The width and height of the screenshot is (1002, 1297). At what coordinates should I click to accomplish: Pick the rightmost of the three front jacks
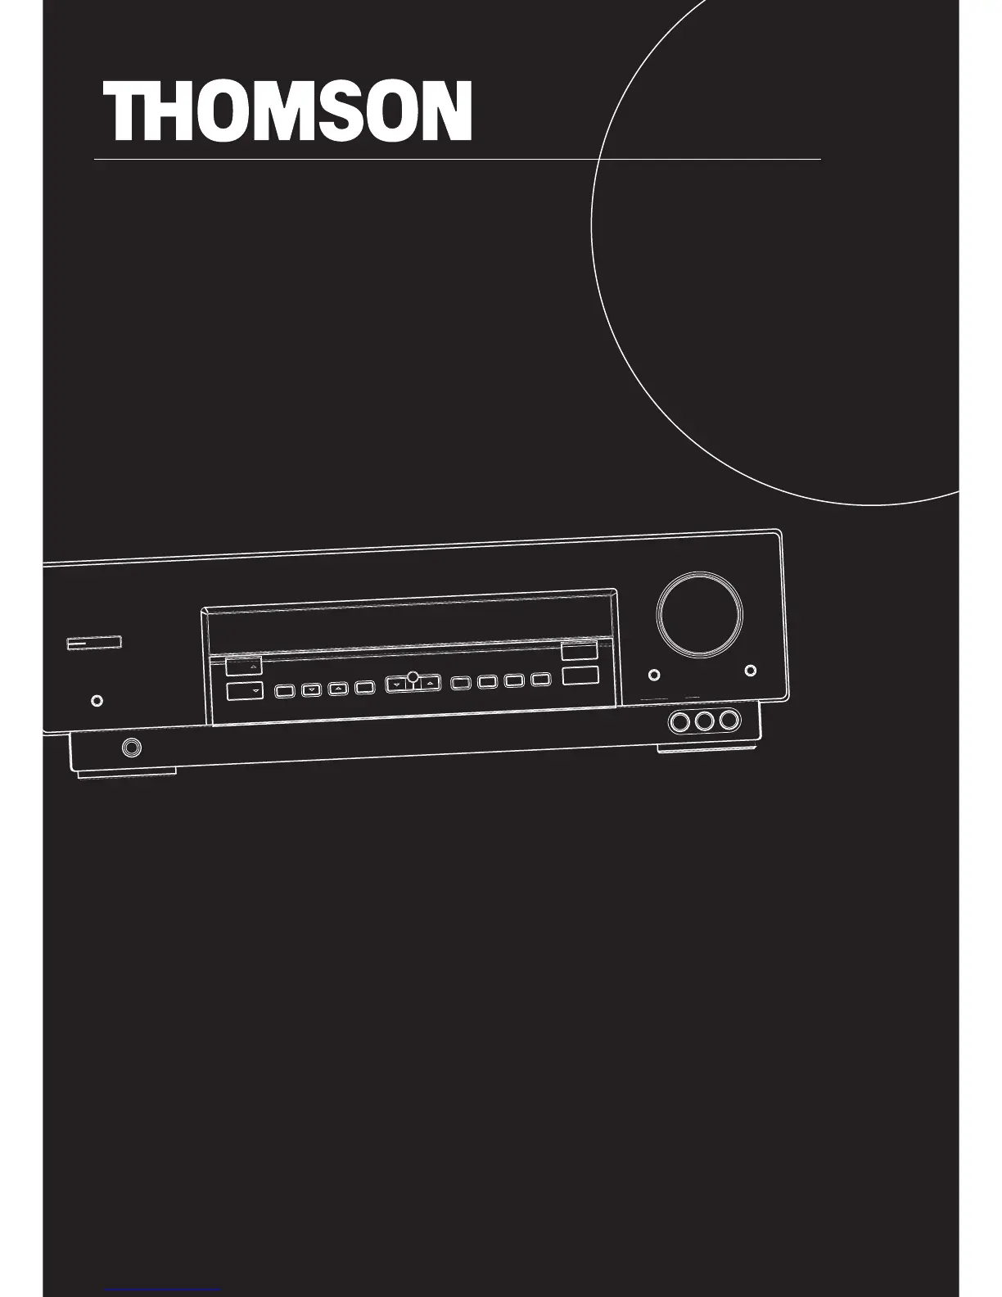(729, 721)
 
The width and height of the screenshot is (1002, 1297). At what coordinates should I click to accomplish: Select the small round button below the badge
(97, 701)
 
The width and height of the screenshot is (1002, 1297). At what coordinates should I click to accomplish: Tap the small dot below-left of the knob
(653, 675)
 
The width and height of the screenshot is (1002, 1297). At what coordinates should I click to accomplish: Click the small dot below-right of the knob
(750, 671)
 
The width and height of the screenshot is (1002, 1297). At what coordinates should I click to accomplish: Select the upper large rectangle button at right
(580, 652)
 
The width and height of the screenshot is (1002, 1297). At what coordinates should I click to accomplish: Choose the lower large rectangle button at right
(580, 676)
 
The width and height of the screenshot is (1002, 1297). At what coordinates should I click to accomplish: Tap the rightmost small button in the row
(539, 680)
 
